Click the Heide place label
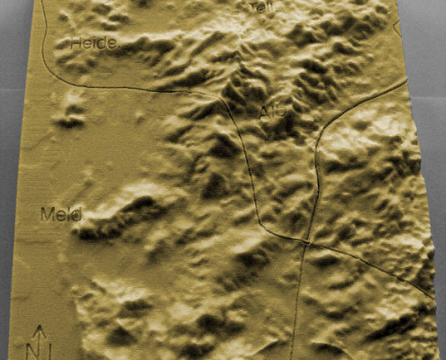tap(94, 41)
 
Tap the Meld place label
tap(61, 214)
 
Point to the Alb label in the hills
tap(270, 112)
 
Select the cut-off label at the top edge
tap(260, 6)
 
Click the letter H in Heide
tap(77, 41)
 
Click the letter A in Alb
tap(263, 112)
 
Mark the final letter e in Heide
tap(113, 42)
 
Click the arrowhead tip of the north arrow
tap(39, 326)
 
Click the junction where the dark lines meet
tap(306, 241)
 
